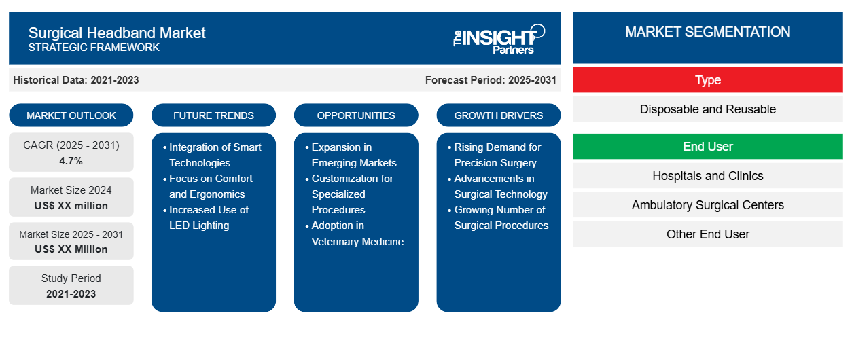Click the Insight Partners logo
[499, 38]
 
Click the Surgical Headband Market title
[117, 33]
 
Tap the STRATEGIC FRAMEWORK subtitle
[94, 48]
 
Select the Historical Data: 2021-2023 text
[76, 80]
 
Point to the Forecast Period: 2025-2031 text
[491, 80]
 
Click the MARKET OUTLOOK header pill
[71, 115]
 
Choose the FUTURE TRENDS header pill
[213, 115]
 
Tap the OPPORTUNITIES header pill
[356, 115]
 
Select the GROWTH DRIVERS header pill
[499, 115]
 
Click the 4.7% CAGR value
[71, 161]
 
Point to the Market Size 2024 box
[71, 198]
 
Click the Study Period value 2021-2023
[71, 294]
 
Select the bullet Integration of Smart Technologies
[214, 155]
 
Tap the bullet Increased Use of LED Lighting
[209, 217]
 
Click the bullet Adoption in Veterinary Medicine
[357, 233]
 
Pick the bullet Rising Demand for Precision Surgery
[497, 155]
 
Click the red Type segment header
[707, 80]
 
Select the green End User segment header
[707, 147]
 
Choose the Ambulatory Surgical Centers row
[707, 205]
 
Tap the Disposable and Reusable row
[707, 109]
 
